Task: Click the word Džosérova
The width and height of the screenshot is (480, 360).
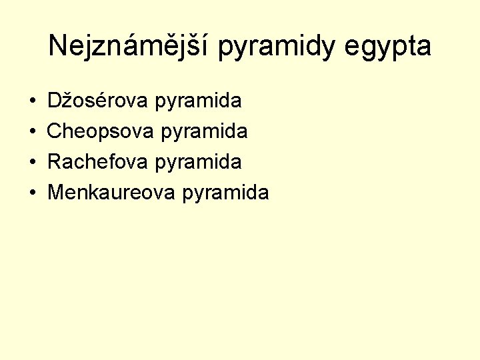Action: coord(98,101)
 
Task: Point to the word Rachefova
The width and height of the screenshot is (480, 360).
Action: coord(98,161)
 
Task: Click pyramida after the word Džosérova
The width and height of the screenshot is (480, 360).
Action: coord(198,102)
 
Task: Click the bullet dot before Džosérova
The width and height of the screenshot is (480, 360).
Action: coord(33,102)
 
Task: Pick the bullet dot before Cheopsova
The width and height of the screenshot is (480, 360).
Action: coord(33,132)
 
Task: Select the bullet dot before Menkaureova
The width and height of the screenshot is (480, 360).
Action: coord(33,193)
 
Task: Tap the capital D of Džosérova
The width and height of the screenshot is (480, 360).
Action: coord(55,101)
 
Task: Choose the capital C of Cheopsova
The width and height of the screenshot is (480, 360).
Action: coord(55,131)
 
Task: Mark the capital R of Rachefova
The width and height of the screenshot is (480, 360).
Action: coord(55,161)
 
